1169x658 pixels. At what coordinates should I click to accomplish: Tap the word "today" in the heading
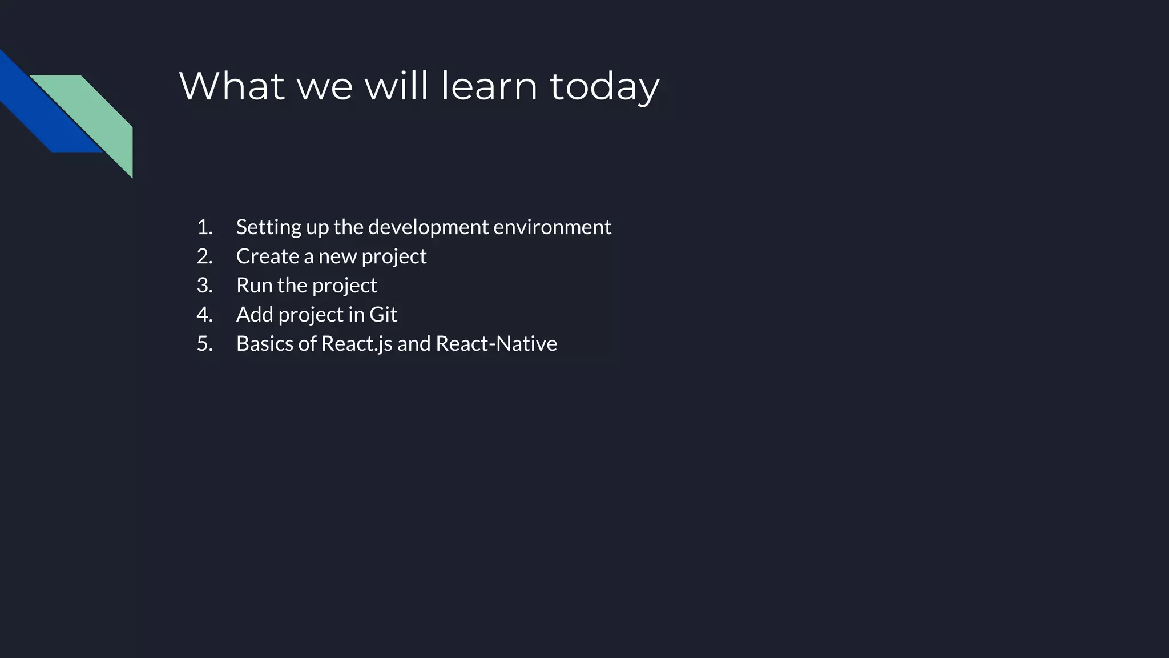click(x=604, y=87)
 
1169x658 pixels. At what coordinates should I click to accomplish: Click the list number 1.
click(x=204, y=227)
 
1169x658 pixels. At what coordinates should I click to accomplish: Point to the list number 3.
click(x=204, y=286)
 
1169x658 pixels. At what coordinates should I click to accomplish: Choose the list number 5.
click(x=204, y=344)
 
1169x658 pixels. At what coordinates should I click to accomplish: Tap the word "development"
click(x=429, y=227)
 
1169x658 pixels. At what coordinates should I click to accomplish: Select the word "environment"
click(x=552, y=227)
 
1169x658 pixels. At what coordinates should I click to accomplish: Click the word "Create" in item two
click(x=267, y=256)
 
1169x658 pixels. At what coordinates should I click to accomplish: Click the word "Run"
click(x=254, y=286)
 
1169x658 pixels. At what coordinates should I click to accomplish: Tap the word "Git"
click(x=383, y=315)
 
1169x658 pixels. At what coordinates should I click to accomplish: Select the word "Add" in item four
click(x=255, y=315)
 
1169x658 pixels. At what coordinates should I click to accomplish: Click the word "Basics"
click(x=264, y=344)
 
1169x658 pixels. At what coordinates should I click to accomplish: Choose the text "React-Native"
click(x=496, y=344)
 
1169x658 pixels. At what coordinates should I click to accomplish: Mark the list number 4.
click(x=204, y=315)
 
